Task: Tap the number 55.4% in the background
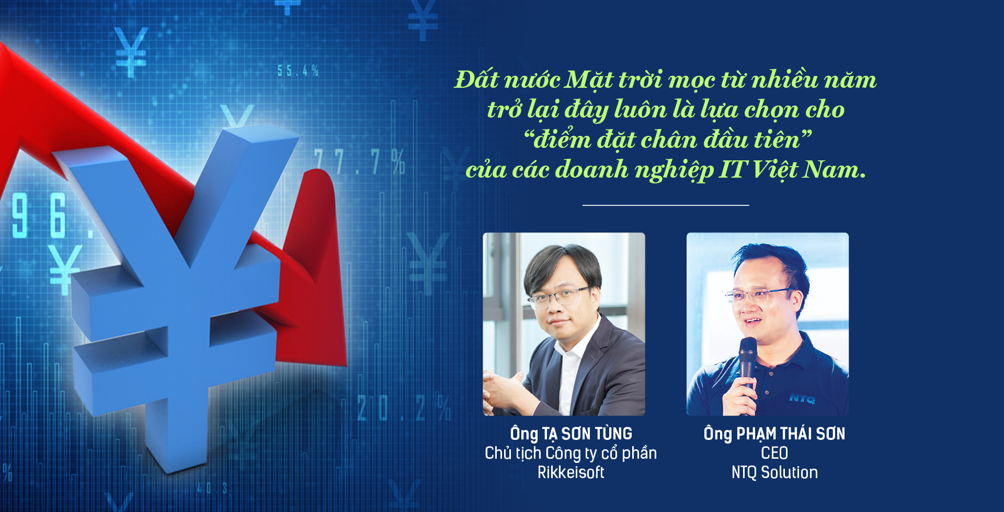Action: [x=298, y=71]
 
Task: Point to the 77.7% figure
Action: [x=360, y=162]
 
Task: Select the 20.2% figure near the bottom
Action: [x=404, y=408]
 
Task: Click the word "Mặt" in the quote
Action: [x=590, y=80]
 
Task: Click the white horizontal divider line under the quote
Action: [x=666, y=205]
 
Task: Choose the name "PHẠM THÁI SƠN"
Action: [x=791, y=434]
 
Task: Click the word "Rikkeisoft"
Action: [x=571, y=472]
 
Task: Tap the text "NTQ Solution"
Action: [x=774, y=472]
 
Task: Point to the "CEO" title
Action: [x=774, y=453]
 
